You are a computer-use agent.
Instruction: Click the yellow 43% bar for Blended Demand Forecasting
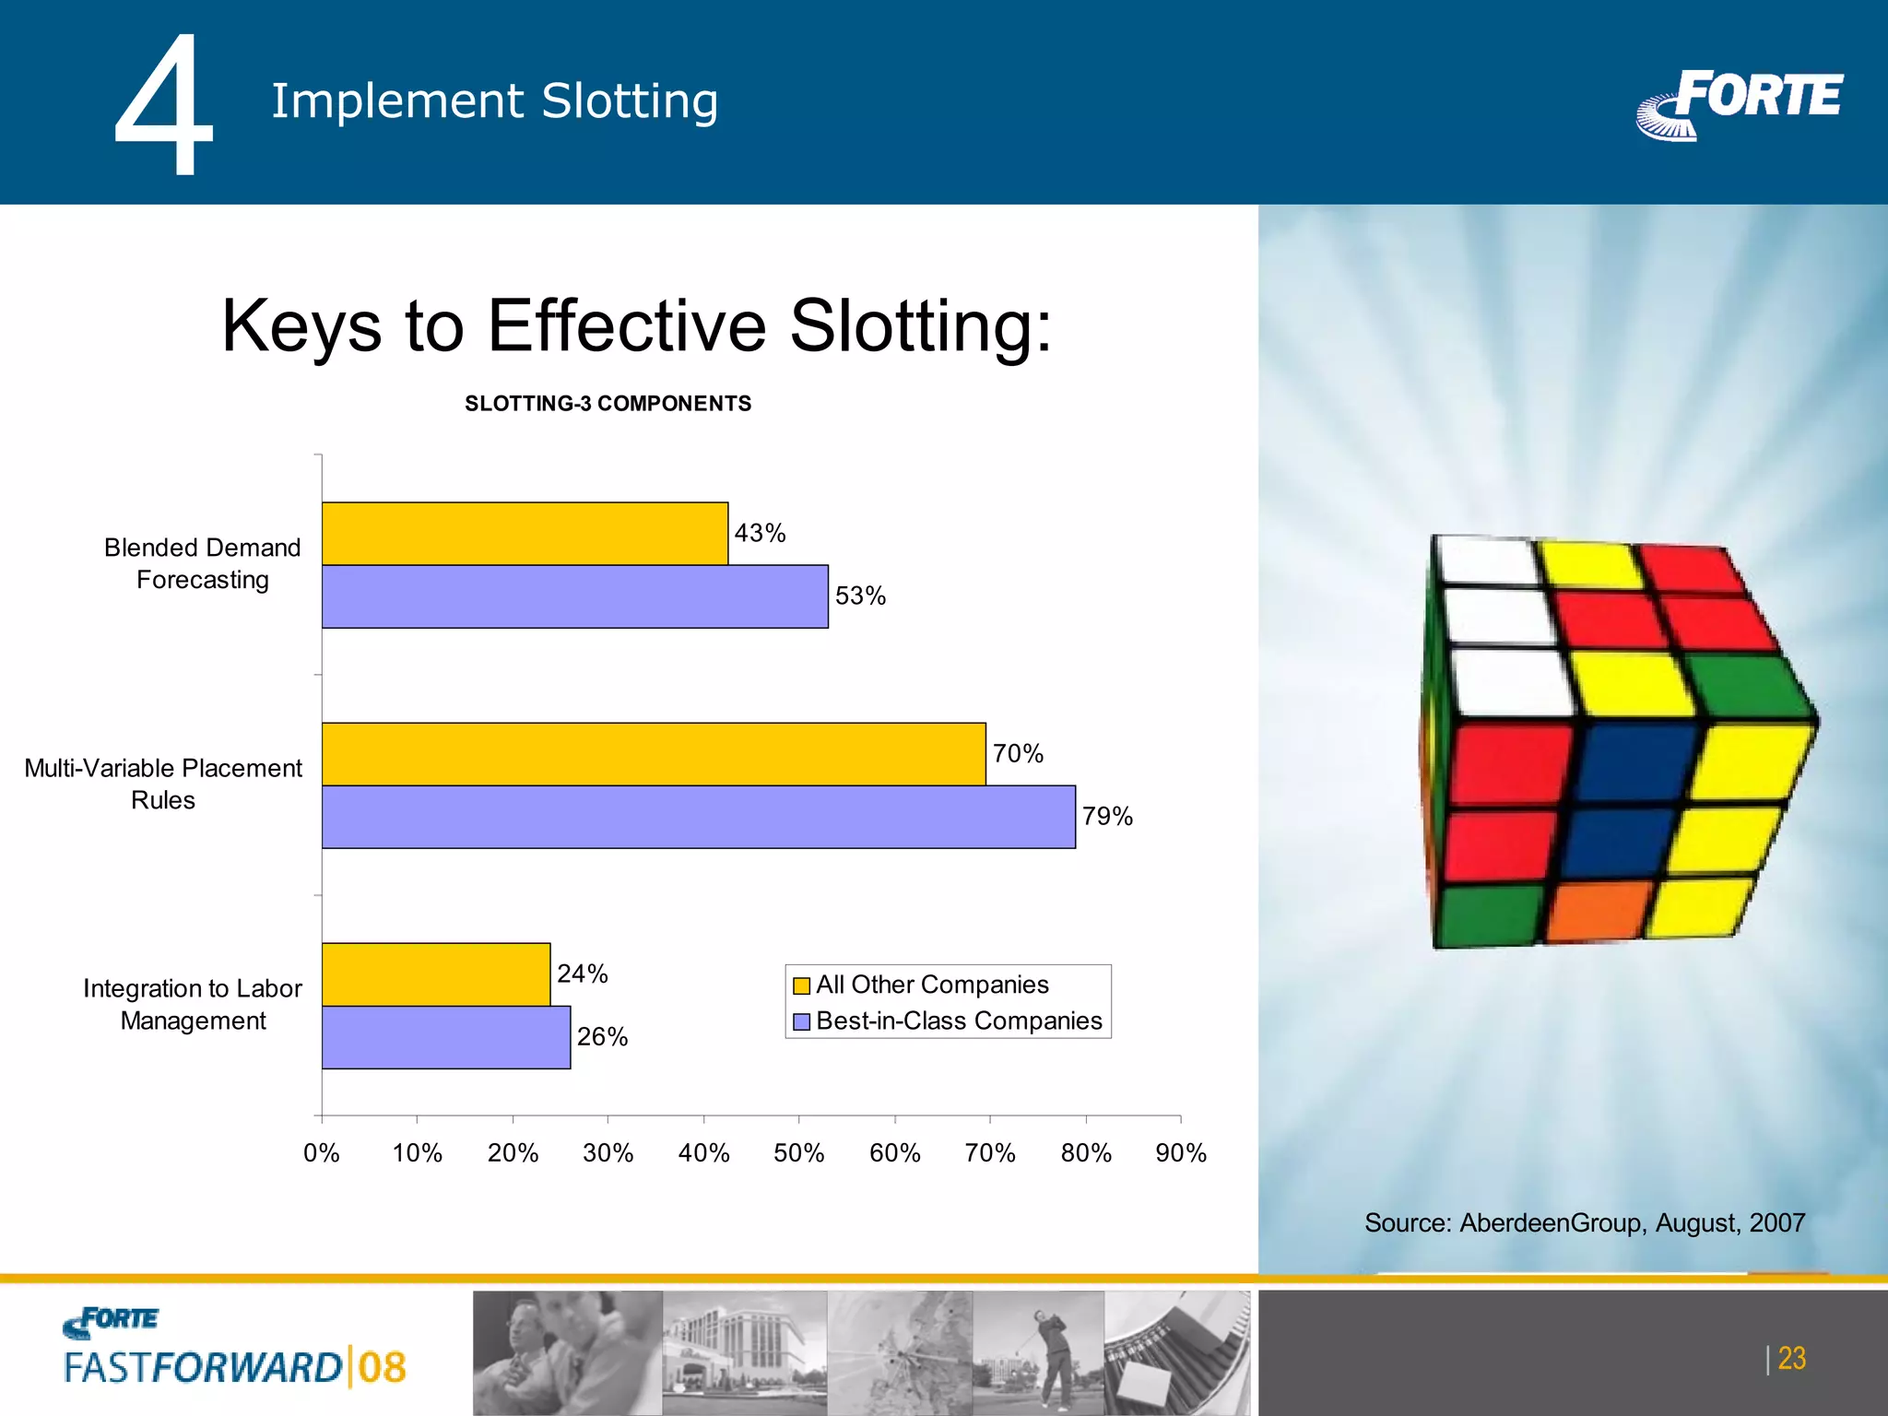(525, 534)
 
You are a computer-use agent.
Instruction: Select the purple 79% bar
(698, 817)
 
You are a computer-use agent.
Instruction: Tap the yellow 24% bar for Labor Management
(436, 974)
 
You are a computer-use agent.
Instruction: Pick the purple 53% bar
(574, 596)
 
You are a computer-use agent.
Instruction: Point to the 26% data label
(602, 1037)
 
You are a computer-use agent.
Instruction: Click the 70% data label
(1018, 754)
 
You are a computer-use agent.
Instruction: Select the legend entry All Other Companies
(931, 985)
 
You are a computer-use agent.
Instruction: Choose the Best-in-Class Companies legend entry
(958, 1021)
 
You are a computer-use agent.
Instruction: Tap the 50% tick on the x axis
(798, 1152)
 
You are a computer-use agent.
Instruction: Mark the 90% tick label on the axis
(1181, 1152)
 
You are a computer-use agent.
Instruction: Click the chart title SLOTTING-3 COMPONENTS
(608, 404)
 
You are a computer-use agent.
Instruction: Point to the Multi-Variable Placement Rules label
(163, 784)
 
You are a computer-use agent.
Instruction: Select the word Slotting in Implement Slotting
(630, 101)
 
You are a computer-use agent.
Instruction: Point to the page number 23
(1791, 1358)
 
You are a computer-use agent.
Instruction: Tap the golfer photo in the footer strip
(1039, 1351)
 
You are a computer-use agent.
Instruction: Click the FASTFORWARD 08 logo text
(235, 1367)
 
